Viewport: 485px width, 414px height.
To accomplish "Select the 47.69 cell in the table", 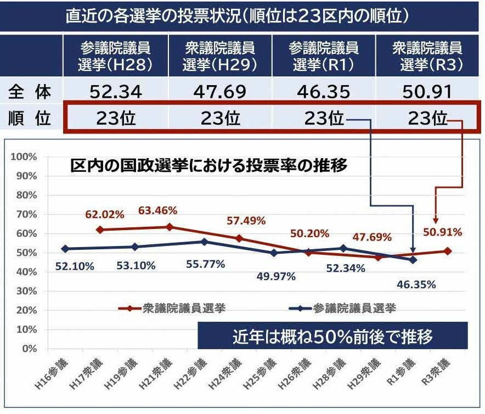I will click(219, 91).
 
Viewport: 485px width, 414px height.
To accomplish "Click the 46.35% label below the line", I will click(415, 284).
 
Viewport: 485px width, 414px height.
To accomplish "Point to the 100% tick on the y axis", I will click(24, 156).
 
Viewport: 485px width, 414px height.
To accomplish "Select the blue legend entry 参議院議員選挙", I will click(340, 309).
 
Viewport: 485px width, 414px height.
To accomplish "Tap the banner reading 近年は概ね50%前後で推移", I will click(332, 335).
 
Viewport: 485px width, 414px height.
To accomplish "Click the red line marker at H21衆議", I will click(170, 227).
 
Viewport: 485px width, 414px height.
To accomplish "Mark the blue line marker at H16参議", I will click(65, 249).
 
